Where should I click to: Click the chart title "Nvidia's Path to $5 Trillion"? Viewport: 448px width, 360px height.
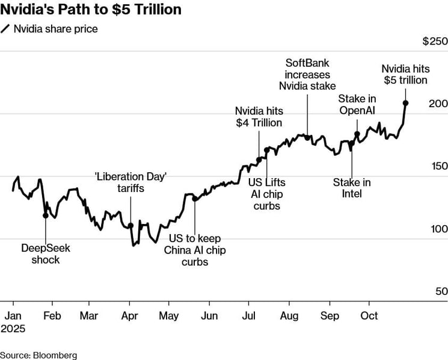click(x=91, y=10)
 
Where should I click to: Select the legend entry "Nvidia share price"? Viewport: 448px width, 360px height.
click(x=55, y=28)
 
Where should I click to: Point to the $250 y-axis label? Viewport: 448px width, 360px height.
click(x=435, y=42)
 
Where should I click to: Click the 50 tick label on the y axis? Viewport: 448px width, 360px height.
click(x=441, y=291)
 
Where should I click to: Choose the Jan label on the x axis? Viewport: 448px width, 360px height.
click(x=14, y=315)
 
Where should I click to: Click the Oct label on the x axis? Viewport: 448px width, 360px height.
click(x=369, y=315)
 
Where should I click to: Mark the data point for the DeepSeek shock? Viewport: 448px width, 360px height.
click(x=45, y=215)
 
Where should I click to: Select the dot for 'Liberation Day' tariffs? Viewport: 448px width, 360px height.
click(x=130, y=226)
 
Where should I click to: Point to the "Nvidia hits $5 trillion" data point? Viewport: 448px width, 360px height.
click(x=405, y=103)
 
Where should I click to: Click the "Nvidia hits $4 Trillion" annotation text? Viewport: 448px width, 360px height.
click(x=259, y=117)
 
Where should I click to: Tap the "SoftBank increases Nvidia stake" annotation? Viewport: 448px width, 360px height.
click(x=307, y=74)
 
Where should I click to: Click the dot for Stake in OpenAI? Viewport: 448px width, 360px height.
click(x=357, y=134)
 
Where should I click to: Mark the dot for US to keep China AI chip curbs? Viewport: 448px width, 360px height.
click(x=195, y=198)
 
